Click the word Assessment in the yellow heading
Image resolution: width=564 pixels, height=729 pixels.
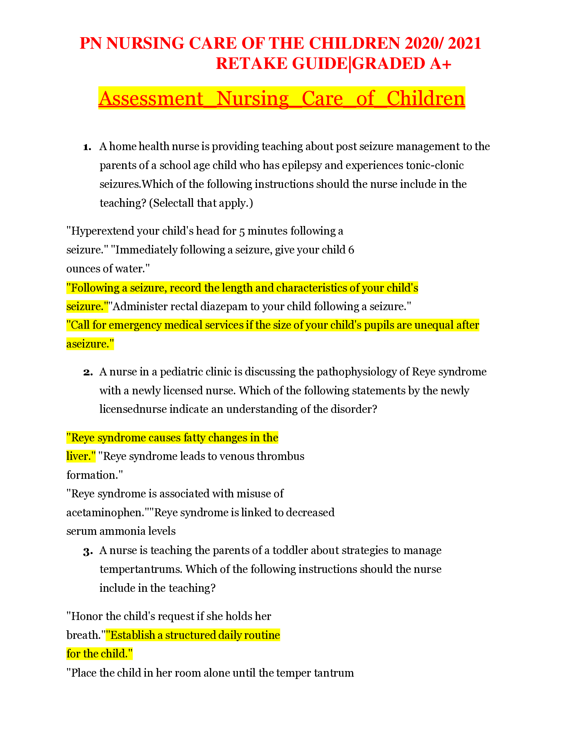151,98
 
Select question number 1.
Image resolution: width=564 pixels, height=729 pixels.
87,147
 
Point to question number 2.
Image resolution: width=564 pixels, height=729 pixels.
88,372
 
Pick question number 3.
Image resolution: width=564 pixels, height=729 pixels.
88,551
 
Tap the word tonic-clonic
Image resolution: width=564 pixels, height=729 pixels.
435,166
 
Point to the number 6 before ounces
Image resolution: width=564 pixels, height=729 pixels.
351,250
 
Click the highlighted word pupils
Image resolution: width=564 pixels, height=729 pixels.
379,325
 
